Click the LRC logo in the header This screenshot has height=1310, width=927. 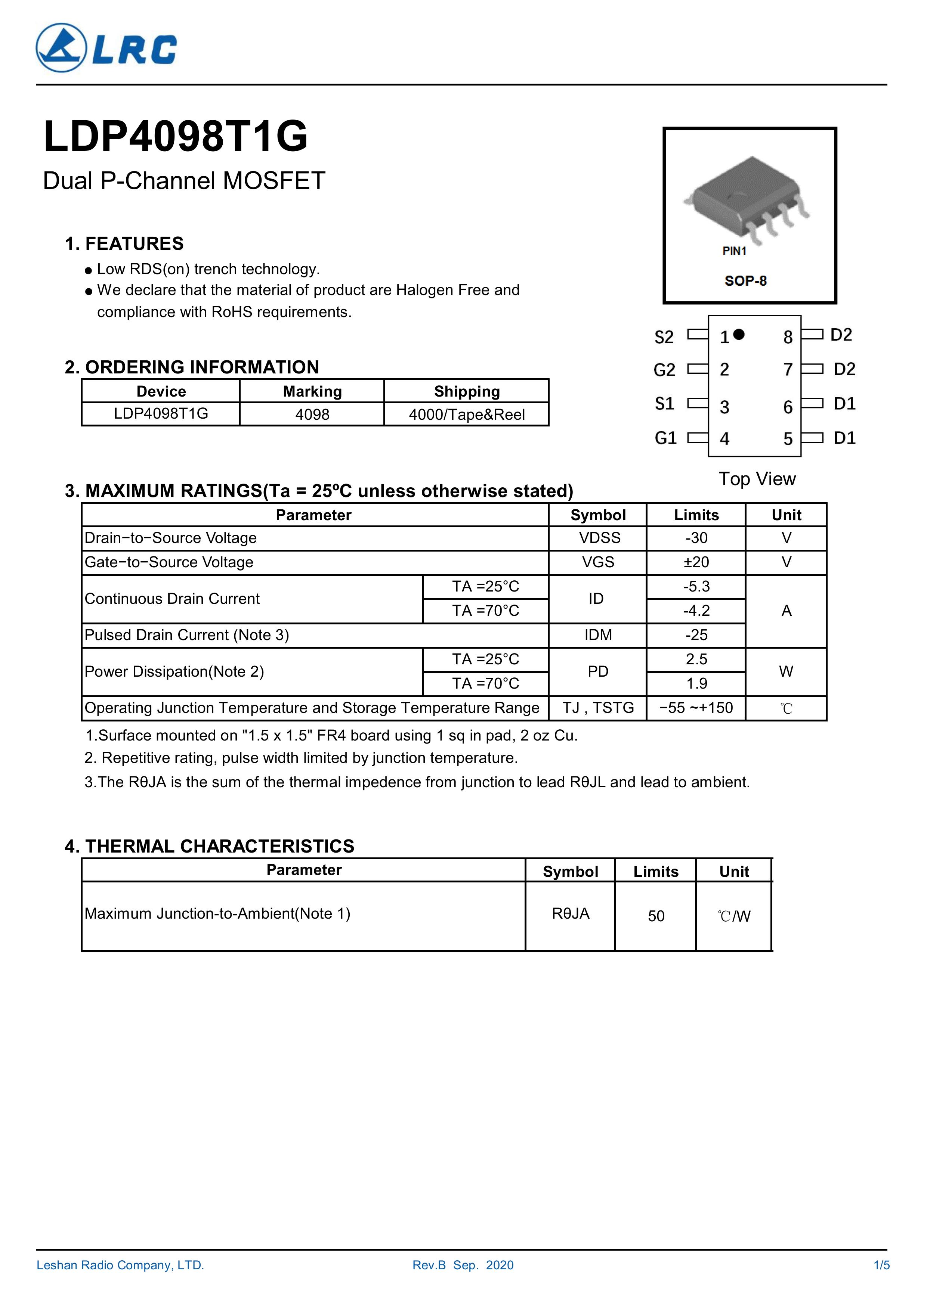(x=106, y=48)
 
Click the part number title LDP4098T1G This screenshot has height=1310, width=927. (x=175, y=137)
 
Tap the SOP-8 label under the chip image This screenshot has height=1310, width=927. (x=745, y=281)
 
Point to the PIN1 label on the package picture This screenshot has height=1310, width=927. (x=734, y=251)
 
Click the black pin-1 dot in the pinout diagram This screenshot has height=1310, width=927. (x=739, y=334)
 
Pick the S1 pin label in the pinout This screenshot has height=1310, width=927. (x=664, y=404)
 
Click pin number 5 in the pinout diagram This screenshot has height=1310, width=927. (x=788, y=439)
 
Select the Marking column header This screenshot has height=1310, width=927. (x=312, y=391)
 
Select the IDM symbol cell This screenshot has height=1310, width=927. (x=598, y=635)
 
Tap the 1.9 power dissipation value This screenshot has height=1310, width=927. (x=696, y=683)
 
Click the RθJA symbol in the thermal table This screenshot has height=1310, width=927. (x=570, y=913)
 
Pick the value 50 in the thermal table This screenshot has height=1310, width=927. (x=656, y=916)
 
